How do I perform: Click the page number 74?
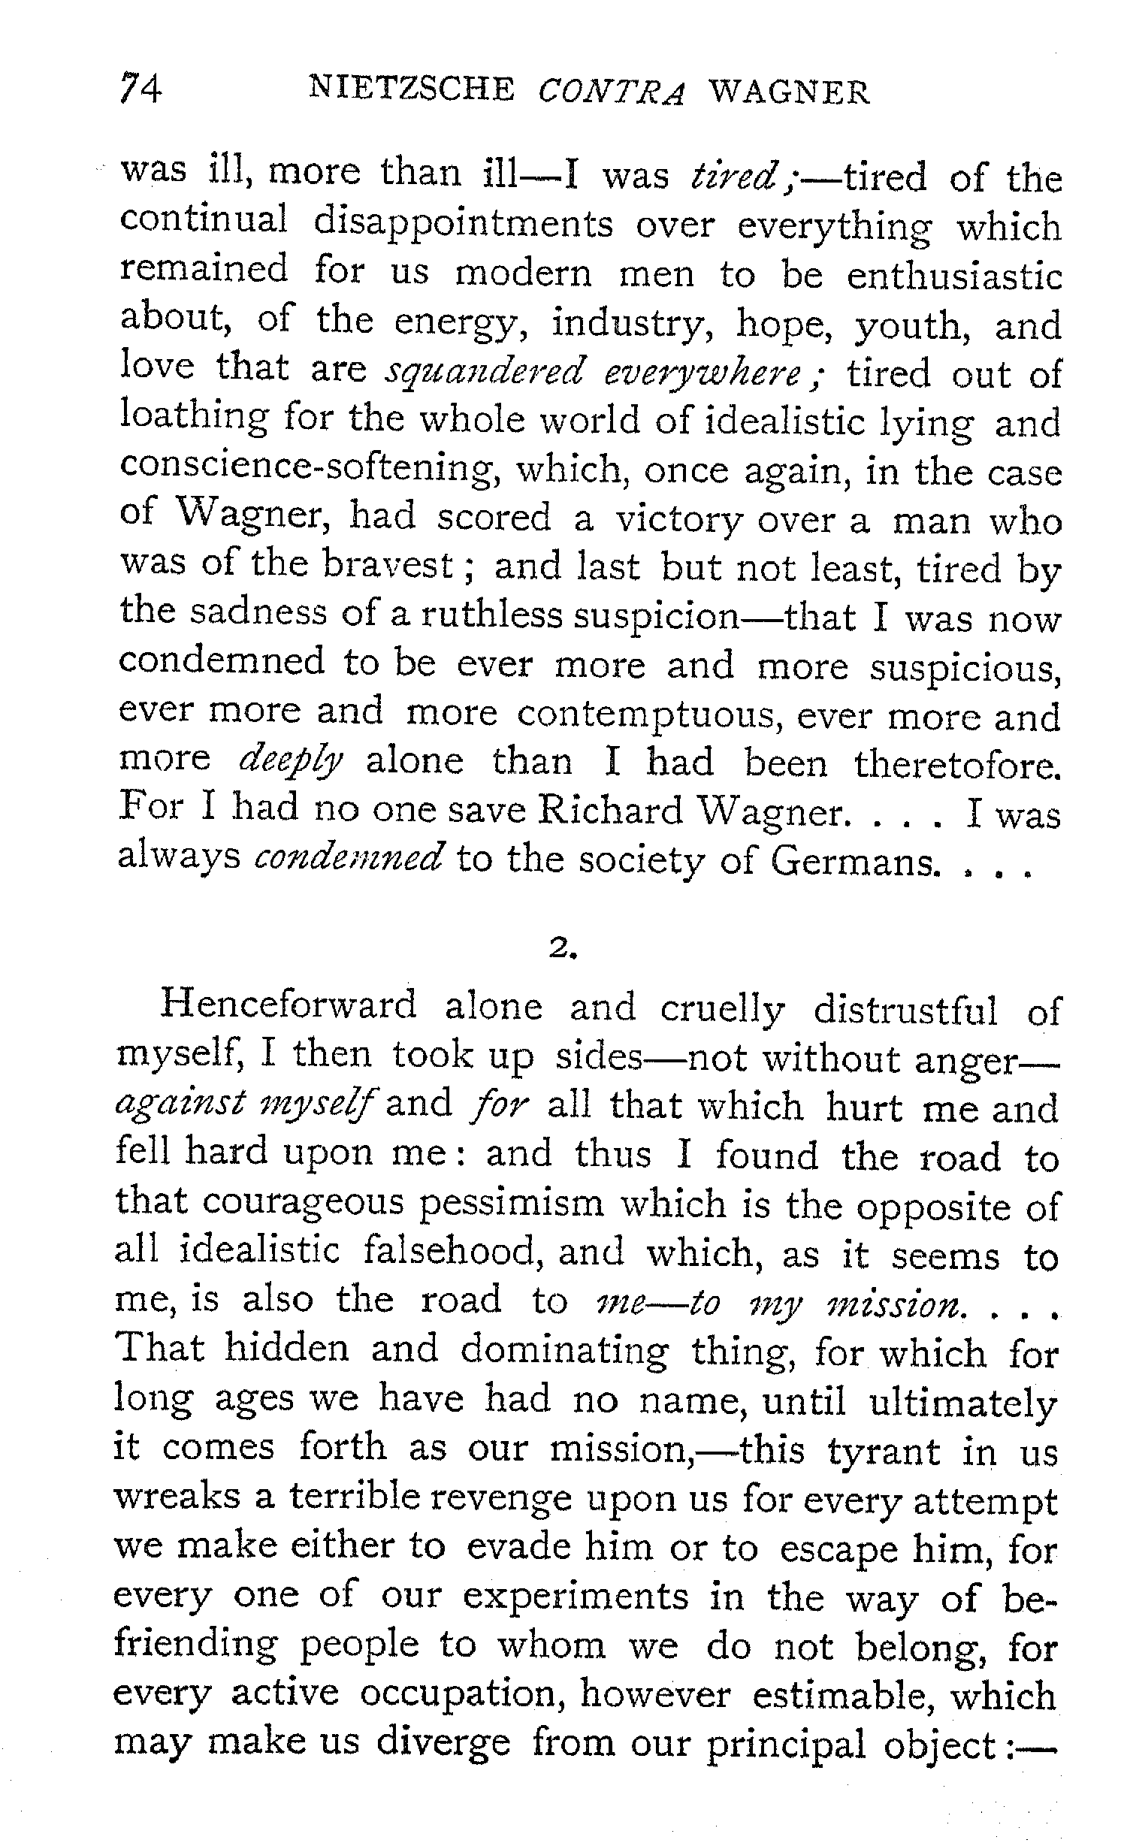coord(141,90)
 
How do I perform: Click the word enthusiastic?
coord(954,275)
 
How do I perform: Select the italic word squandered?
coord(485,373)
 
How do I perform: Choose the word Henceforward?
coord(289,1006)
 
